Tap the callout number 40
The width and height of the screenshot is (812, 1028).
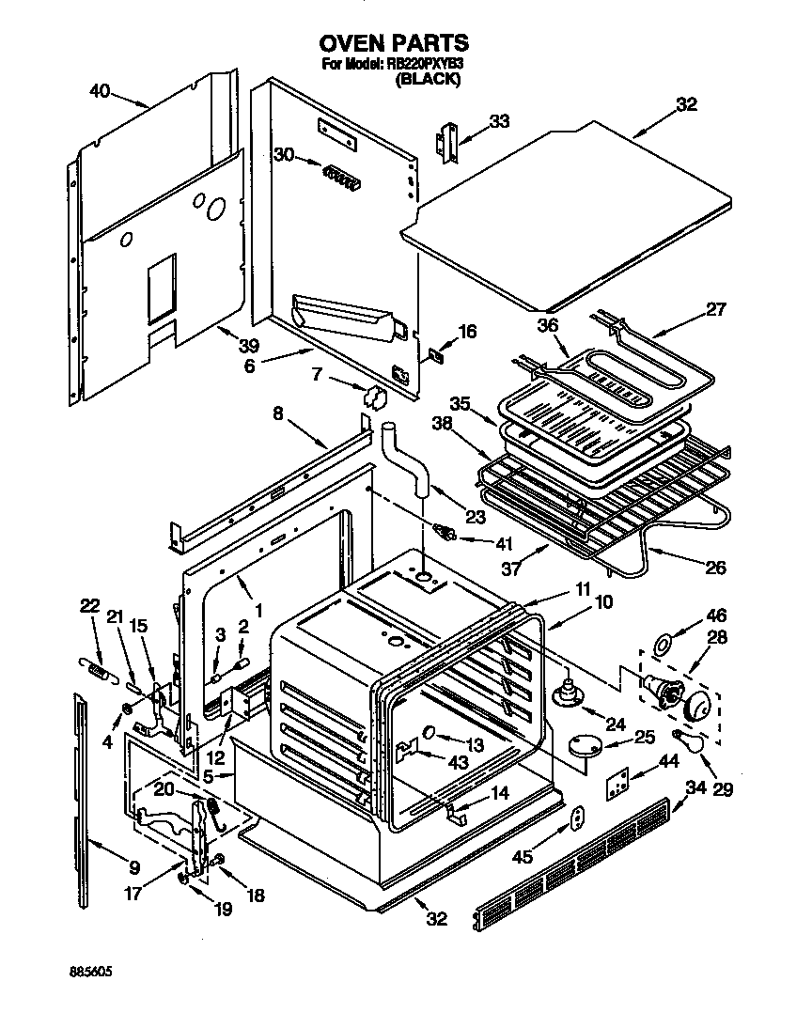coord(100,91)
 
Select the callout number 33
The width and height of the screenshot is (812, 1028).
coord(500,120)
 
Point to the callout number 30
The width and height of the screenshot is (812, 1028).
coord(283,154)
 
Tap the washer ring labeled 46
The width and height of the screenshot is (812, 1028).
coord(663,645)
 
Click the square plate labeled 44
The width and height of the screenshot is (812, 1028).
coord(617,782)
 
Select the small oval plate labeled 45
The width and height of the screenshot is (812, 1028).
coord(577,819)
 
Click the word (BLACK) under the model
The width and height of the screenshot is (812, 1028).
coord(429,80)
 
